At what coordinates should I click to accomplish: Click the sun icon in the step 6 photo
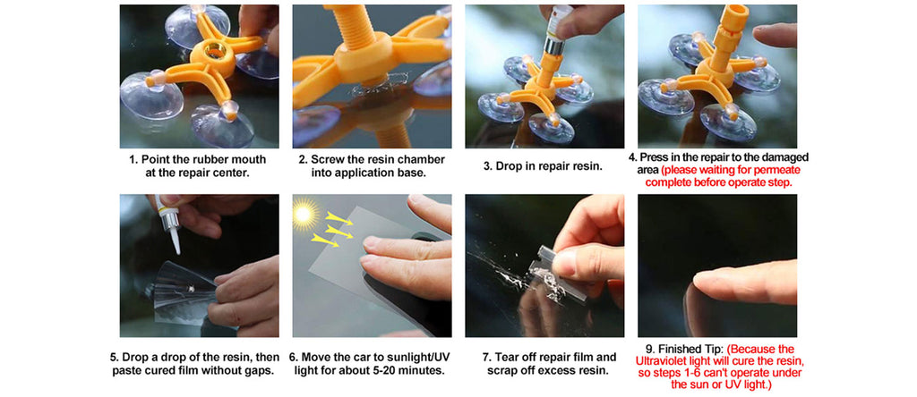tap(304, 215)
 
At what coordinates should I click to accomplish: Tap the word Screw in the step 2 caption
tap(328, 159)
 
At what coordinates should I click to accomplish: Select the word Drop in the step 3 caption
tap(509, 166)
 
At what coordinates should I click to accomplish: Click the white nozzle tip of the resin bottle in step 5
tap(176, 239)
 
